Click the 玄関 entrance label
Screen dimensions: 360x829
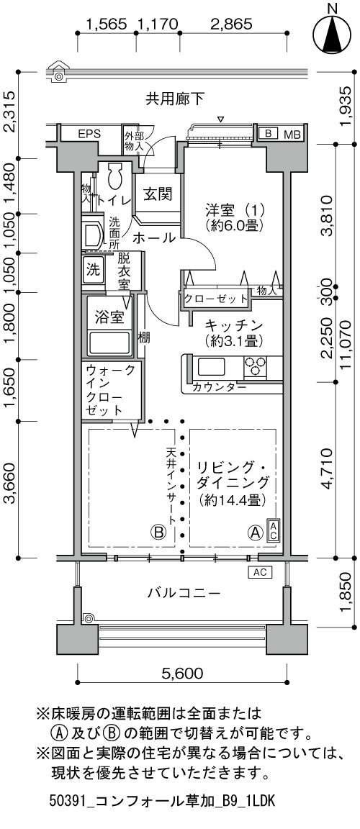click(158, 194)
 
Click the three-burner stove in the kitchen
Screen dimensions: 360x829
click(256, 366)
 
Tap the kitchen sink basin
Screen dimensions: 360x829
click(211, 366)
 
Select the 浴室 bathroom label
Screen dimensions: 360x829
click(109, 318)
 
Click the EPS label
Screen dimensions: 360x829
click(89, 134)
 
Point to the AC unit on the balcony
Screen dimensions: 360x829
click(259, 572)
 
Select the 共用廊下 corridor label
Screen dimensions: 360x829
click(175, 99)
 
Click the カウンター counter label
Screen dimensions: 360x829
click(219, 387)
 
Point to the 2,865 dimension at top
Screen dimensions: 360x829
click(231, 24)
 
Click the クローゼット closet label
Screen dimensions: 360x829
click(216, 298)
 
